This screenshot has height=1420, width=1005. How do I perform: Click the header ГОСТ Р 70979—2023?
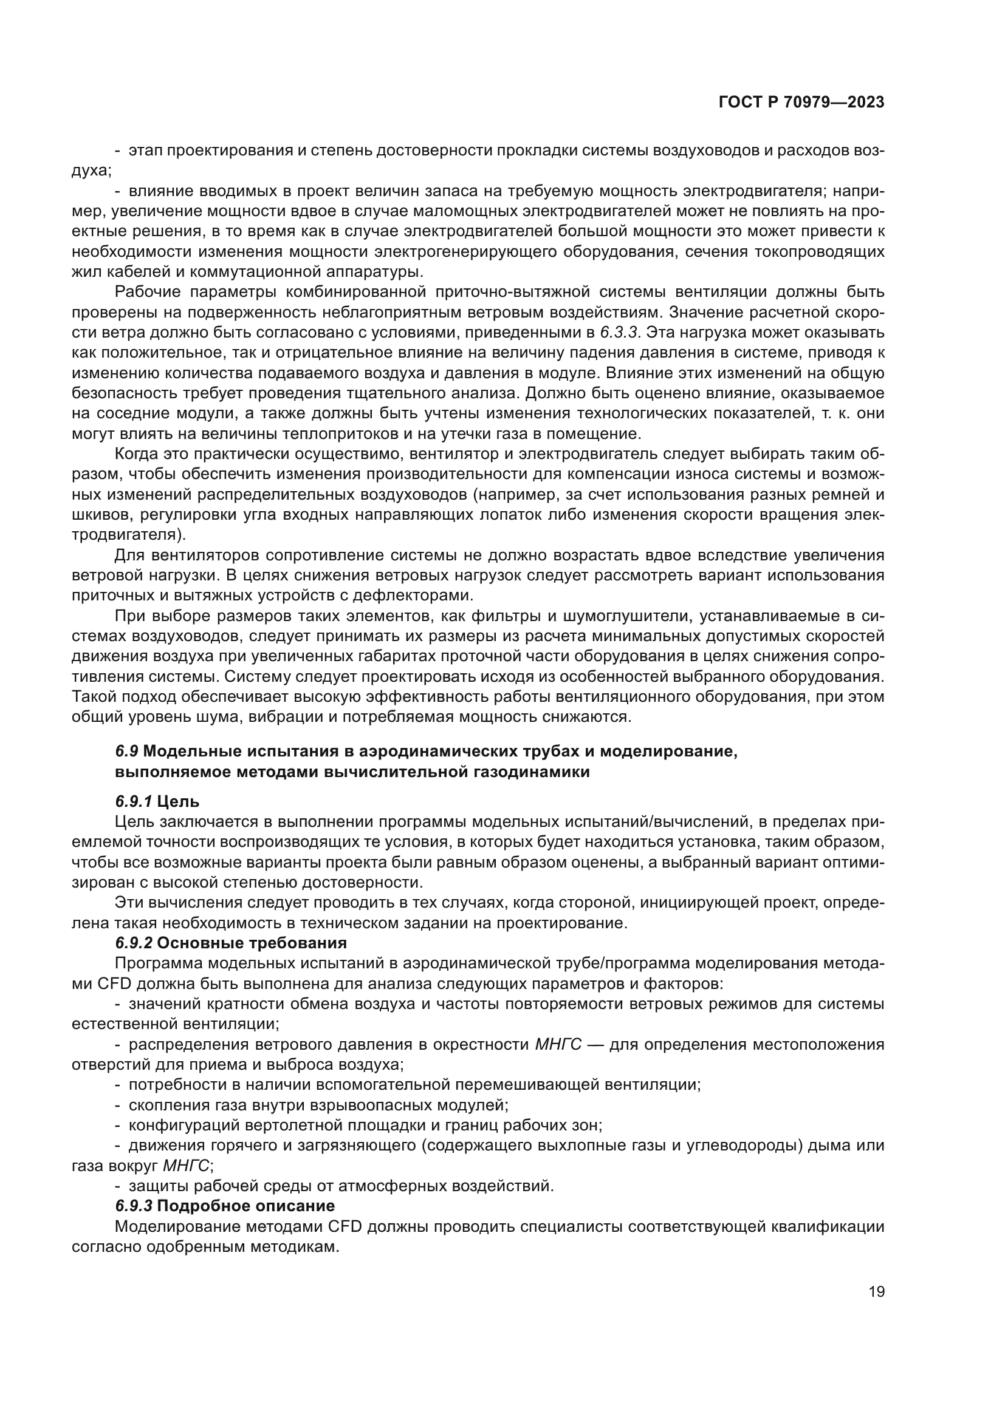(x=801, y=102)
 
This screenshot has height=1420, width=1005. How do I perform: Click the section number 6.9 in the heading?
(x=126, y=752)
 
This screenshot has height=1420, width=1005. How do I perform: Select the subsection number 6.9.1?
(x=134, y=801)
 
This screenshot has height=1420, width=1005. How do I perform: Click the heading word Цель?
(x=178, y=801)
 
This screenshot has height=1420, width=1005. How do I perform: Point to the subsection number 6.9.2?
(x=134, y=943)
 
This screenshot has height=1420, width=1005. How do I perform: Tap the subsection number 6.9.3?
(x=134, y=1206)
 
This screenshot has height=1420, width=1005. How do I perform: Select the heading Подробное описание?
(x=245, y=1206)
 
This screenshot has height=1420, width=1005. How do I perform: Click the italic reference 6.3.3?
(x=619, y=333)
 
